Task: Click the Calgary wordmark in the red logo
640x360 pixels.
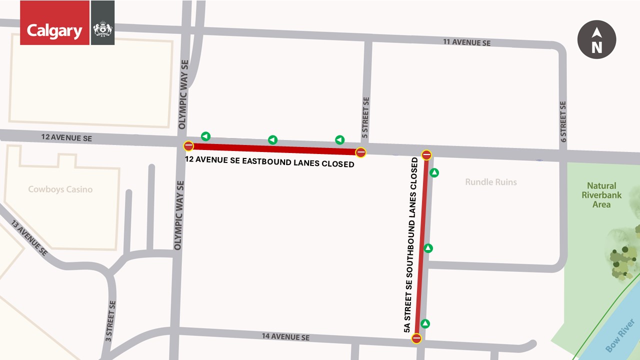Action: (x=54, y=31)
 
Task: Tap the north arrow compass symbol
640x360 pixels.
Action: (x=596, y=40)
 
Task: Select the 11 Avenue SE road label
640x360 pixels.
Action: (x=466, y=42)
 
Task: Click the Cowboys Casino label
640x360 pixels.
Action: (x=60, y=189)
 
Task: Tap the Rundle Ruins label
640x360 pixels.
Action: (x=490, y=182)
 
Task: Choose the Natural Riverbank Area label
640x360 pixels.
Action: (x=601, y=195)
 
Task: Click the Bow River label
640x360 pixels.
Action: (x=619, y=340)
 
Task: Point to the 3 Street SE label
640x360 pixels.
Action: (x=110, y=321)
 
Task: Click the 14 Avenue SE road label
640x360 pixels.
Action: (x=285, y=337)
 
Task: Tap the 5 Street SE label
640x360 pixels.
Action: (x=365, y=118)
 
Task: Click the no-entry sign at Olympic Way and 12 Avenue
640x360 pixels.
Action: (x=188, y=146)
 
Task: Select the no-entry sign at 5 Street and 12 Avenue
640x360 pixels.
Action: (x=360, y=152)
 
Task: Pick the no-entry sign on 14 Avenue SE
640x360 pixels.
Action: (x=416, y=338)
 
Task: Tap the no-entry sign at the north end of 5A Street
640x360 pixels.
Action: (x=426, y=155)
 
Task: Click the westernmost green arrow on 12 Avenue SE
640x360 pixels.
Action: (x=205, y=136)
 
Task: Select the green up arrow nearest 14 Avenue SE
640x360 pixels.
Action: (x=425, y=323)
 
